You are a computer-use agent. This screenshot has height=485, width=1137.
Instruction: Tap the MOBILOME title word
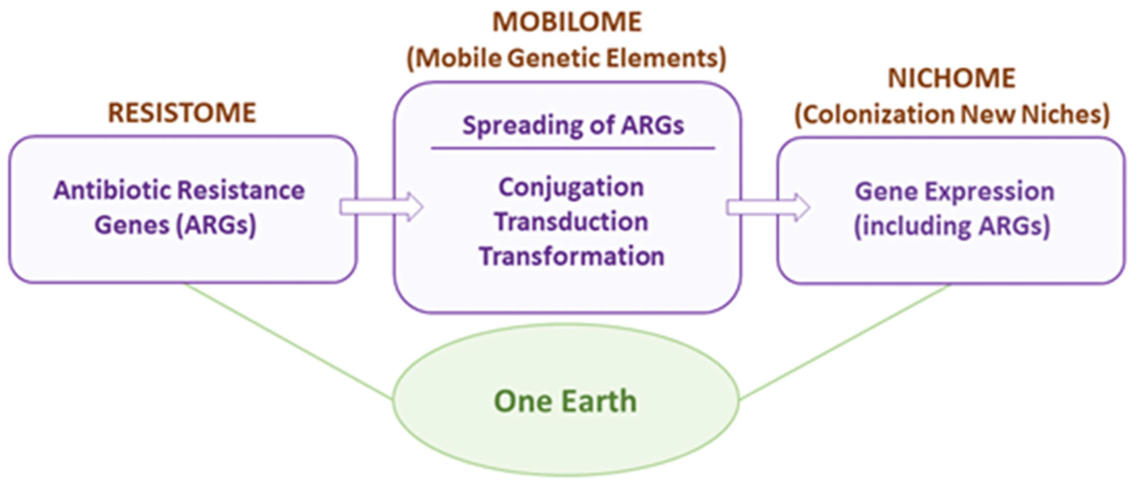pos(567,22)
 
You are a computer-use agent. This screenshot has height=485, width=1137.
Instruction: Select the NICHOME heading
pos(952,79)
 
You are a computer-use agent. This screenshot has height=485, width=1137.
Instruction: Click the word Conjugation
pos(571,188)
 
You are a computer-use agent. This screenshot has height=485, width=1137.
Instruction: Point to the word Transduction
pos(571,222)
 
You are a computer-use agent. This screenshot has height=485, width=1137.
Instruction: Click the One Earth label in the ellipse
pos(565,401)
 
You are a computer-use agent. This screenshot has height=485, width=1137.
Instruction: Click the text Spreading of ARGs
pos(573,125)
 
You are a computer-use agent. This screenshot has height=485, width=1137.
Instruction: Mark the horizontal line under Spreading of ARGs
pos(573,148)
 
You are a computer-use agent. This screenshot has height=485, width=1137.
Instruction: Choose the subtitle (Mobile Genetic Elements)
pos(566,58)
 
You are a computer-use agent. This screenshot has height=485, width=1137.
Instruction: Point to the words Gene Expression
pos(954,192)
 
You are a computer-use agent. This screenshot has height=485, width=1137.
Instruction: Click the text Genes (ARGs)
pos(175,225)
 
